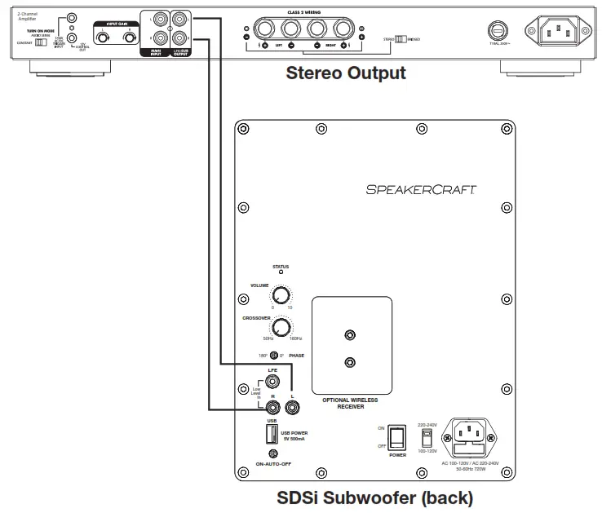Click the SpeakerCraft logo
[421, 189]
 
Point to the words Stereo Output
[345, 73]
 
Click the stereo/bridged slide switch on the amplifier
[401, 38]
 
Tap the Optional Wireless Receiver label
[350, 403]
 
